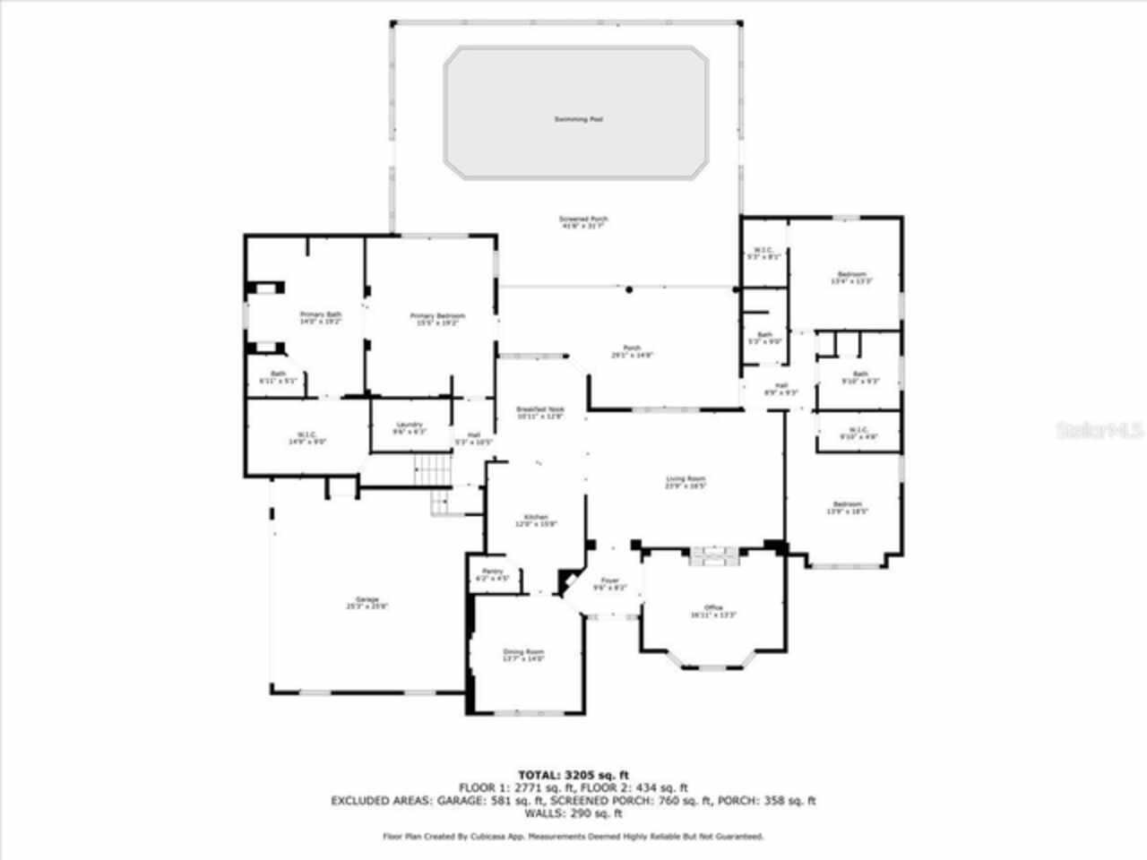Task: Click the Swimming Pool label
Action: click(578, 119)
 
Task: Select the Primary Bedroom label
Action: click(437, 316)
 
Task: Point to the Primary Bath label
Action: click(320, 315)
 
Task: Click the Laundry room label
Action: click(410, 426)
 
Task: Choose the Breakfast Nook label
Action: click(540, 410)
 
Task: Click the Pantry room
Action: click(491, 573)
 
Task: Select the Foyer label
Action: click(610, 581)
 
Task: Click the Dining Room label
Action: click(523, 653)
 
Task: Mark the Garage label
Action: click(367, 600)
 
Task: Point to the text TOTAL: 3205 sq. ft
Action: click(573, 775)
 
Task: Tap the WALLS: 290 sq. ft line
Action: click(573, 813)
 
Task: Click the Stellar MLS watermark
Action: click(1099, 430)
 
